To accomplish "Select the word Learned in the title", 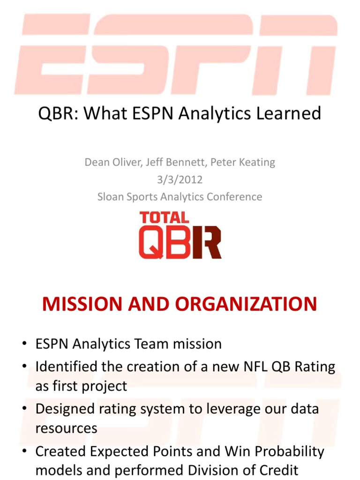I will click(x=289, y=113).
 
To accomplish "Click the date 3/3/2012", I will click(x=180, y=180).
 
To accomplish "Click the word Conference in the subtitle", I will click(x=231, y=196).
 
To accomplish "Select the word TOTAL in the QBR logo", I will click(x=165, y=217).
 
